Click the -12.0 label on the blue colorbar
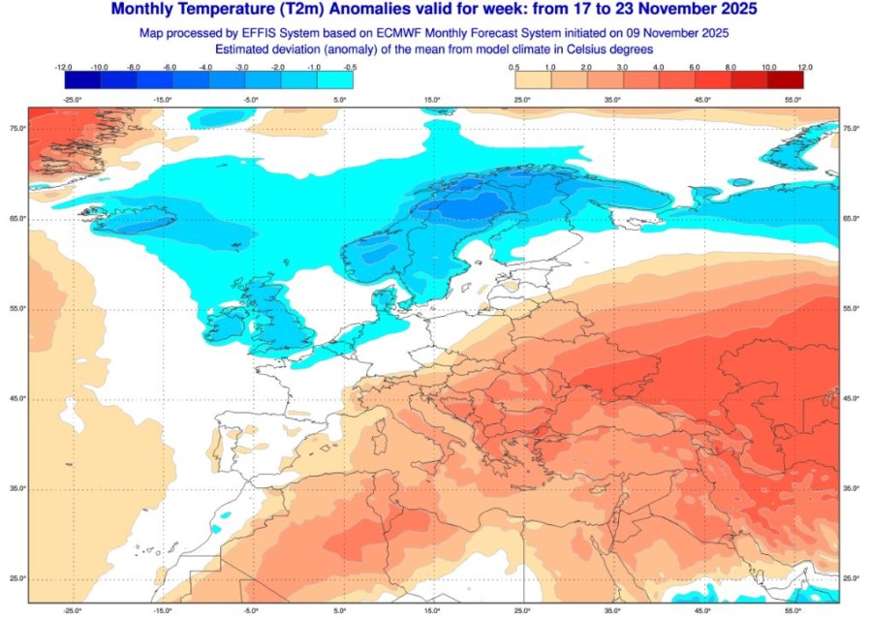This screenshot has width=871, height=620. [65, 67]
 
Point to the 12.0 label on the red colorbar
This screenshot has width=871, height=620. [804, 67]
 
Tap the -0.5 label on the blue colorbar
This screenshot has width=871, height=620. [350, 67]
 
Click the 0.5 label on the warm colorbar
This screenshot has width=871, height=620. [513, 67]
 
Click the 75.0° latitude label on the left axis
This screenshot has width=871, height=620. [17, 128]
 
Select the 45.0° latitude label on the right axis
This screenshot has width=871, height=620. [852, 398]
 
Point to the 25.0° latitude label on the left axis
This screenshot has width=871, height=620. [17, 578]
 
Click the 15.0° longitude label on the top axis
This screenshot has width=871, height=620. [432, 99]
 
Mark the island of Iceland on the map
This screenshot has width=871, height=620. [136, 222]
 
